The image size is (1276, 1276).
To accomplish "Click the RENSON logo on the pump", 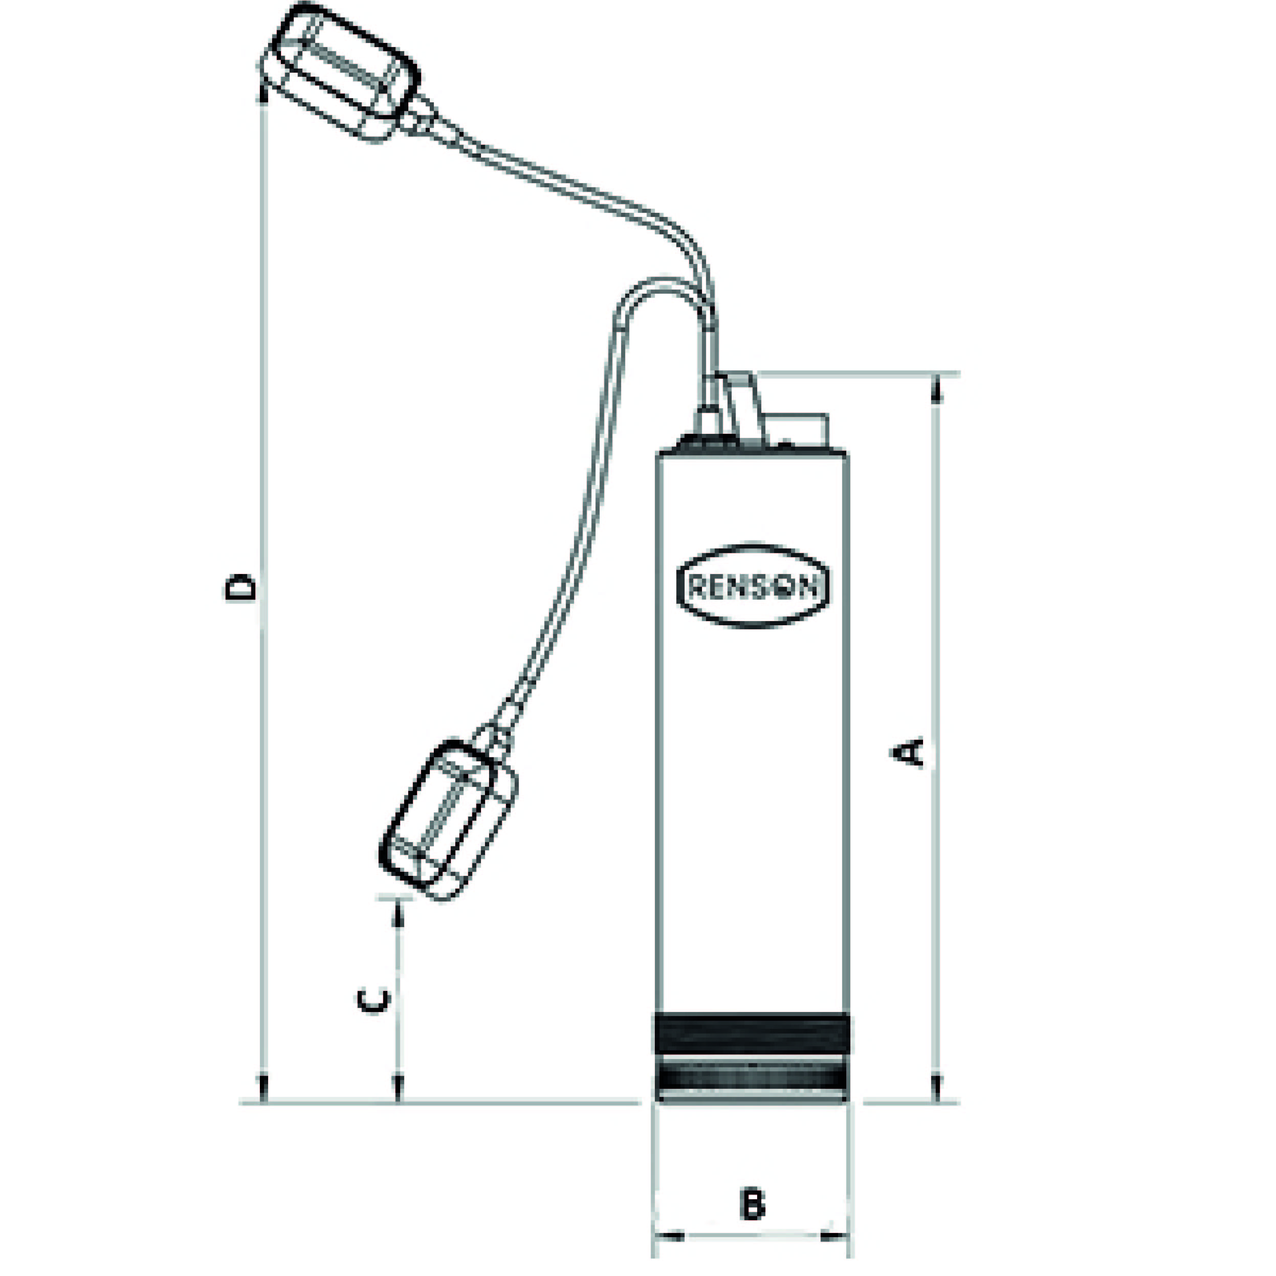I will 753,586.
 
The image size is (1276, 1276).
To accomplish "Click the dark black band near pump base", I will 752,1035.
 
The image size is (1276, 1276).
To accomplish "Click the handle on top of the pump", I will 743,403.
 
